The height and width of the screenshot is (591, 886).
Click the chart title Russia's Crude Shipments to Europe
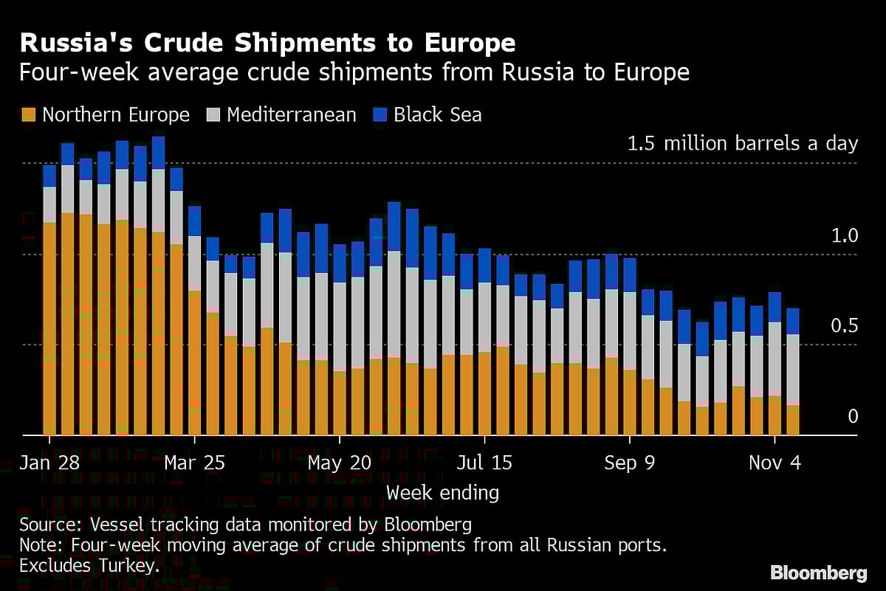point(267,43)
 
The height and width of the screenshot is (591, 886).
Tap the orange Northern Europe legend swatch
point(29,115)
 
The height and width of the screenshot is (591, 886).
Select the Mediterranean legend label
point(292,115)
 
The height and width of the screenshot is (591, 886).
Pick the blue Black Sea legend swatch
point(380,115)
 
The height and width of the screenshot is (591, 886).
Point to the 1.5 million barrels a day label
point(742,143)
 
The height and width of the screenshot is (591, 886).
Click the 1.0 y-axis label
point(845,236)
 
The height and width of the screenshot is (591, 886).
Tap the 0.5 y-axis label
point(845,326)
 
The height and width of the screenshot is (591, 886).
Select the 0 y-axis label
point(853,417)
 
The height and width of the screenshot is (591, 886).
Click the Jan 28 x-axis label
point(49,463)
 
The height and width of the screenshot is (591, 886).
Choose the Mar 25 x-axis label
point(193,463)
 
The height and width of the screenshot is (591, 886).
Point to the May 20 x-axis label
point(339,463)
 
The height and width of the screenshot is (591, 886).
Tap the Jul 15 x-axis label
point(484,463)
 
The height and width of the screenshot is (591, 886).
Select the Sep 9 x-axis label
point(630,463)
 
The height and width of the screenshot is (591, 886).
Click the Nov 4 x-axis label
point(775,463)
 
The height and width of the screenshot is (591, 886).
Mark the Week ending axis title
point(442,492)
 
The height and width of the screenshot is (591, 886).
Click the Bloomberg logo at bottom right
point(818,573)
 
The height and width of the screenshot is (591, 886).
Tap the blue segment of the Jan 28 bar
point(49,176)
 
